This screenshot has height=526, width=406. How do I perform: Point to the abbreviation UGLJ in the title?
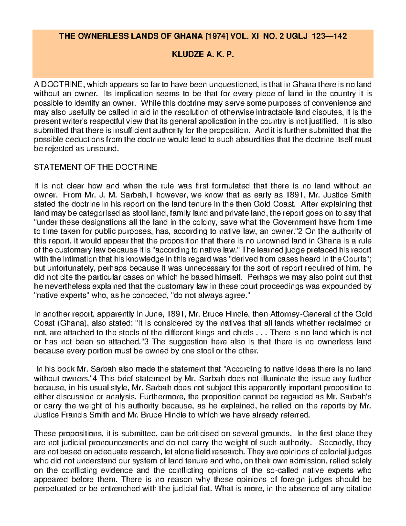[297, 36]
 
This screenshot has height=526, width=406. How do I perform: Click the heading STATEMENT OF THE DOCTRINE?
[95, 167]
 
